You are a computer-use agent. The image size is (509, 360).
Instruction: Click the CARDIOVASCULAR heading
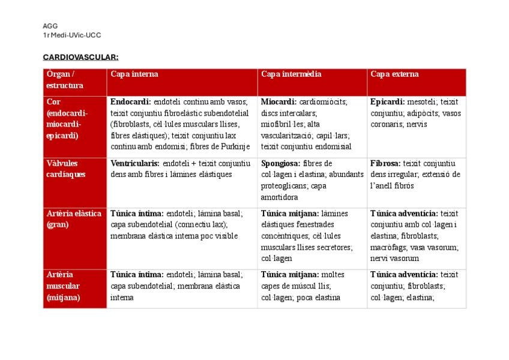click(80, 57)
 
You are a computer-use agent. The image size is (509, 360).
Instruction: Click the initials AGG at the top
click(50, 26)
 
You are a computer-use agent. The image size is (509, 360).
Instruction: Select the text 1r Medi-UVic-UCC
click(71, 35)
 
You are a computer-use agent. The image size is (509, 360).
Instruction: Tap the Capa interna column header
click(134, 74)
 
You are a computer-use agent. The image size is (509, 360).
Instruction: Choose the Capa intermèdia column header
click(291, 74)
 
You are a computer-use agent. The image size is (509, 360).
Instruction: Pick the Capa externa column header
click(394, 74)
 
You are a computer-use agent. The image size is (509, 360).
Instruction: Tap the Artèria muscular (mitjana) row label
click(63, 286)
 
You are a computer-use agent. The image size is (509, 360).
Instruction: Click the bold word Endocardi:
click(131, 102)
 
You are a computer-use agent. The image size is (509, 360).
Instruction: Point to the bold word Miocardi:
click(278, 102)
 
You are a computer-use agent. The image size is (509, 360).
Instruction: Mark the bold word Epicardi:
click(387, 102)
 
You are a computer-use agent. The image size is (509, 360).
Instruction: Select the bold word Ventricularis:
click(135, 163)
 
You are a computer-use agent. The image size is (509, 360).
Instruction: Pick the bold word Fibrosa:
click(385, 163)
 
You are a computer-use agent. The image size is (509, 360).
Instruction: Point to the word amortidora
click(279, 197)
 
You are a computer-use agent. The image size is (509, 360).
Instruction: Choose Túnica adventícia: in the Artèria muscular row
click(404, 275)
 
